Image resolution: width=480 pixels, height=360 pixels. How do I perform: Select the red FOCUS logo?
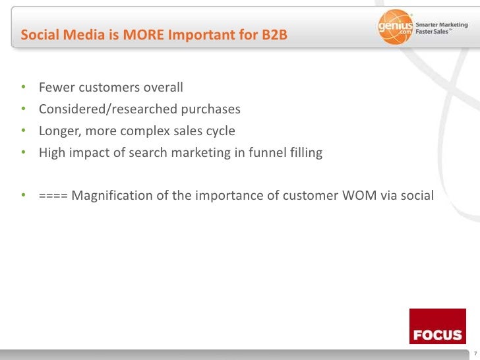(437, 326)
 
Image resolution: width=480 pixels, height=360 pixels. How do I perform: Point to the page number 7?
(474, 354)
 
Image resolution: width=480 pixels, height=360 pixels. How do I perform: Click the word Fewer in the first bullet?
(56, 88)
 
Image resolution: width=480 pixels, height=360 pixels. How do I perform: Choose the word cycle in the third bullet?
(220, 131)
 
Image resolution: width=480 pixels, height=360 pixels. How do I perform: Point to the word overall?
(162, 88)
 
